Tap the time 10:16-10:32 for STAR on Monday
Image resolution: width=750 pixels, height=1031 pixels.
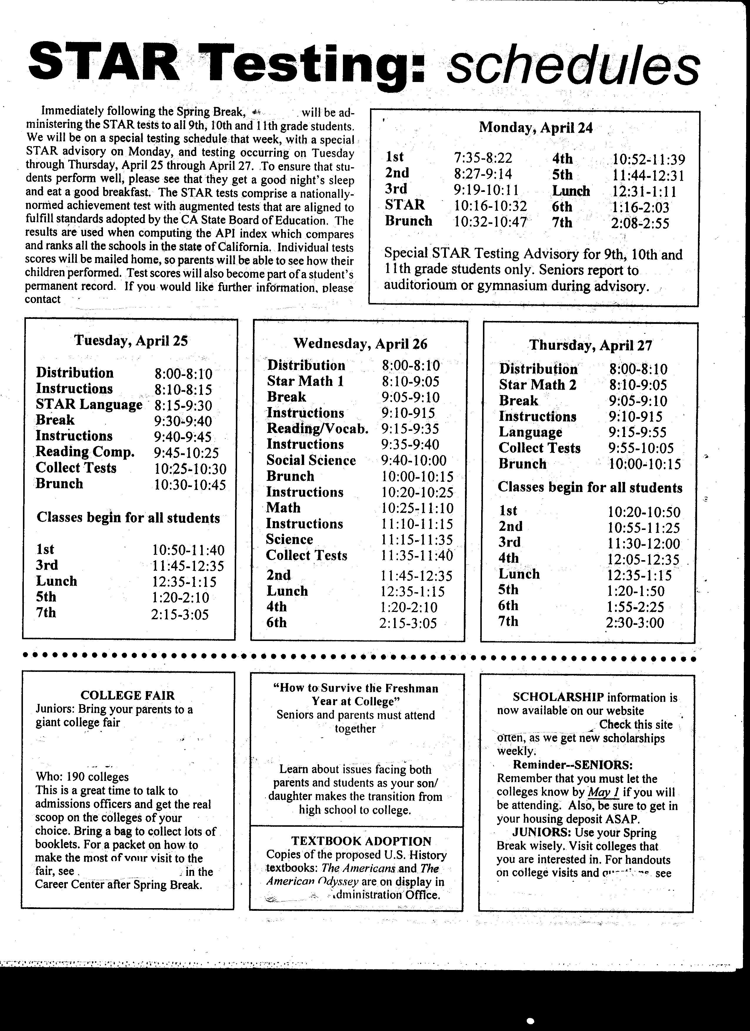pyautogui.click(x=490, y=206)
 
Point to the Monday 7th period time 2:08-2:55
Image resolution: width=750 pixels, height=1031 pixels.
pyautogui.click(x=640, y=223)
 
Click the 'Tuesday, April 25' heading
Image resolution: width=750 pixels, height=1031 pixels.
pyautogui.click(x=131, y=341)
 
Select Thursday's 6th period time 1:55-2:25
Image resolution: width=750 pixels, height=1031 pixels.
pyautogui.click(x=635, y=607)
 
